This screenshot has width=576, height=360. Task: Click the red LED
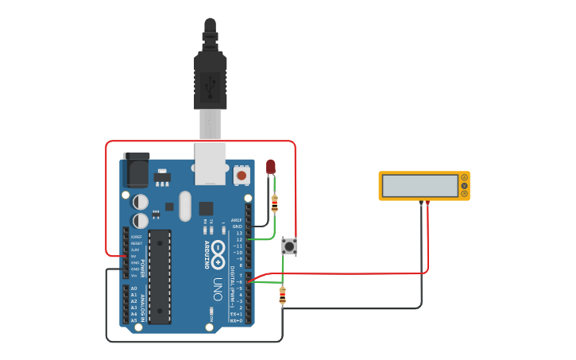[270, 166]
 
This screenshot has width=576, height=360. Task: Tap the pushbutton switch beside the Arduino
[290, 247]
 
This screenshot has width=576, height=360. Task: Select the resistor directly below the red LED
[275, 204]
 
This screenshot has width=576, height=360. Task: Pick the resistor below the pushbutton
[283, 296]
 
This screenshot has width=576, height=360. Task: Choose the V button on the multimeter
[464, 186]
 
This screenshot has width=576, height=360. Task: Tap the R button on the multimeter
[464, 194]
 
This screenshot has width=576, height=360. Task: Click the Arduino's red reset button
[241, 173]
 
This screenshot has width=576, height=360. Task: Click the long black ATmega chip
[159, 277]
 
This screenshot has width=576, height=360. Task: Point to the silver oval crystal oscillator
[185, 206]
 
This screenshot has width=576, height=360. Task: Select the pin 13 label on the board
[238, 233]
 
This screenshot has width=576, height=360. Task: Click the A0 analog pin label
[133, 288]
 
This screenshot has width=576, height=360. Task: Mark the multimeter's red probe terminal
[428, 203]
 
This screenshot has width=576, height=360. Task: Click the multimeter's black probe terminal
[421, 203]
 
